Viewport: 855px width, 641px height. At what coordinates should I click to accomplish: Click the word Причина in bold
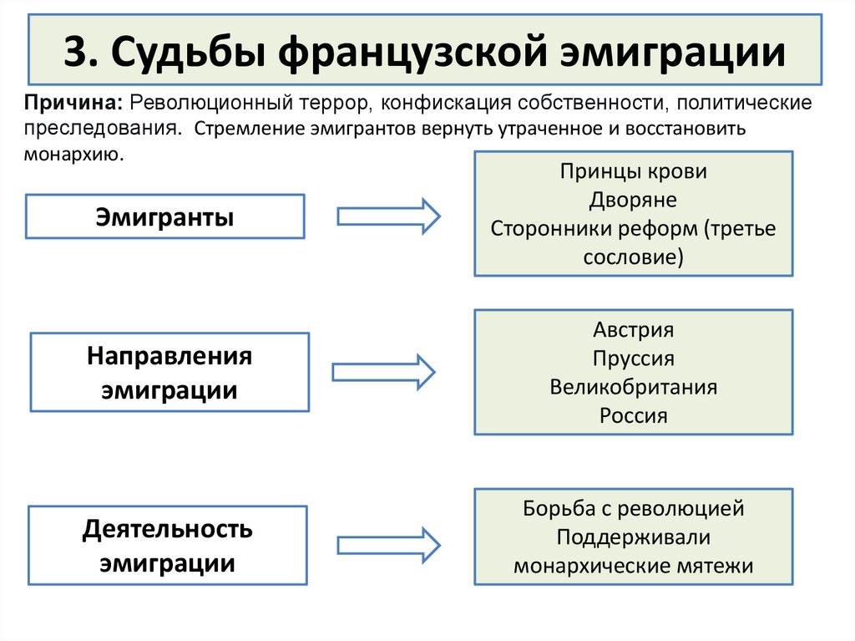point(73,104)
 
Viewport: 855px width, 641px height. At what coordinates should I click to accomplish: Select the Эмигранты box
point(164,217)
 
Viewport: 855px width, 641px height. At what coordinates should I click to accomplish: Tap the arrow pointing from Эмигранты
point(388,216)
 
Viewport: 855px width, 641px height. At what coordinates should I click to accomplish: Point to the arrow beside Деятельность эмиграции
point(388,545)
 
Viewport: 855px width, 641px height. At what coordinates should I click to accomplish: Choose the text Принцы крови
point(633,172)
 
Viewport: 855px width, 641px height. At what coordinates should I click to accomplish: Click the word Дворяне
point(633,200)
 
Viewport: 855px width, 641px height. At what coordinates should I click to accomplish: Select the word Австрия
point(633,329)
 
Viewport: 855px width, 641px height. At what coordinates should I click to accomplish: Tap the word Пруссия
point(633,359)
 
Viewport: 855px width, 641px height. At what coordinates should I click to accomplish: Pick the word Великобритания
point(633,387)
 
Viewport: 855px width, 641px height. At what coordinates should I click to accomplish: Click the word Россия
point(633,415)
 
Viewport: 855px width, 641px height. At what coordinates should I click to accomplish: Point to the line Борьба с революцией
point(633,507)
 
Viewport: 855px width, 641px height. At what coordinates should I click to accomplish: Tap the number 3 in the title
point(74,52)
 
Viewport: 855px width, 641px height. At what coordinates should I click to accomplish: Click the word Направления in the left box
point(169,357)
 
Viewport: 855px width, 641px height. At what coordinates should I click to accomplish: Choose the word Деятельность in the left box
point(168,529)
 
